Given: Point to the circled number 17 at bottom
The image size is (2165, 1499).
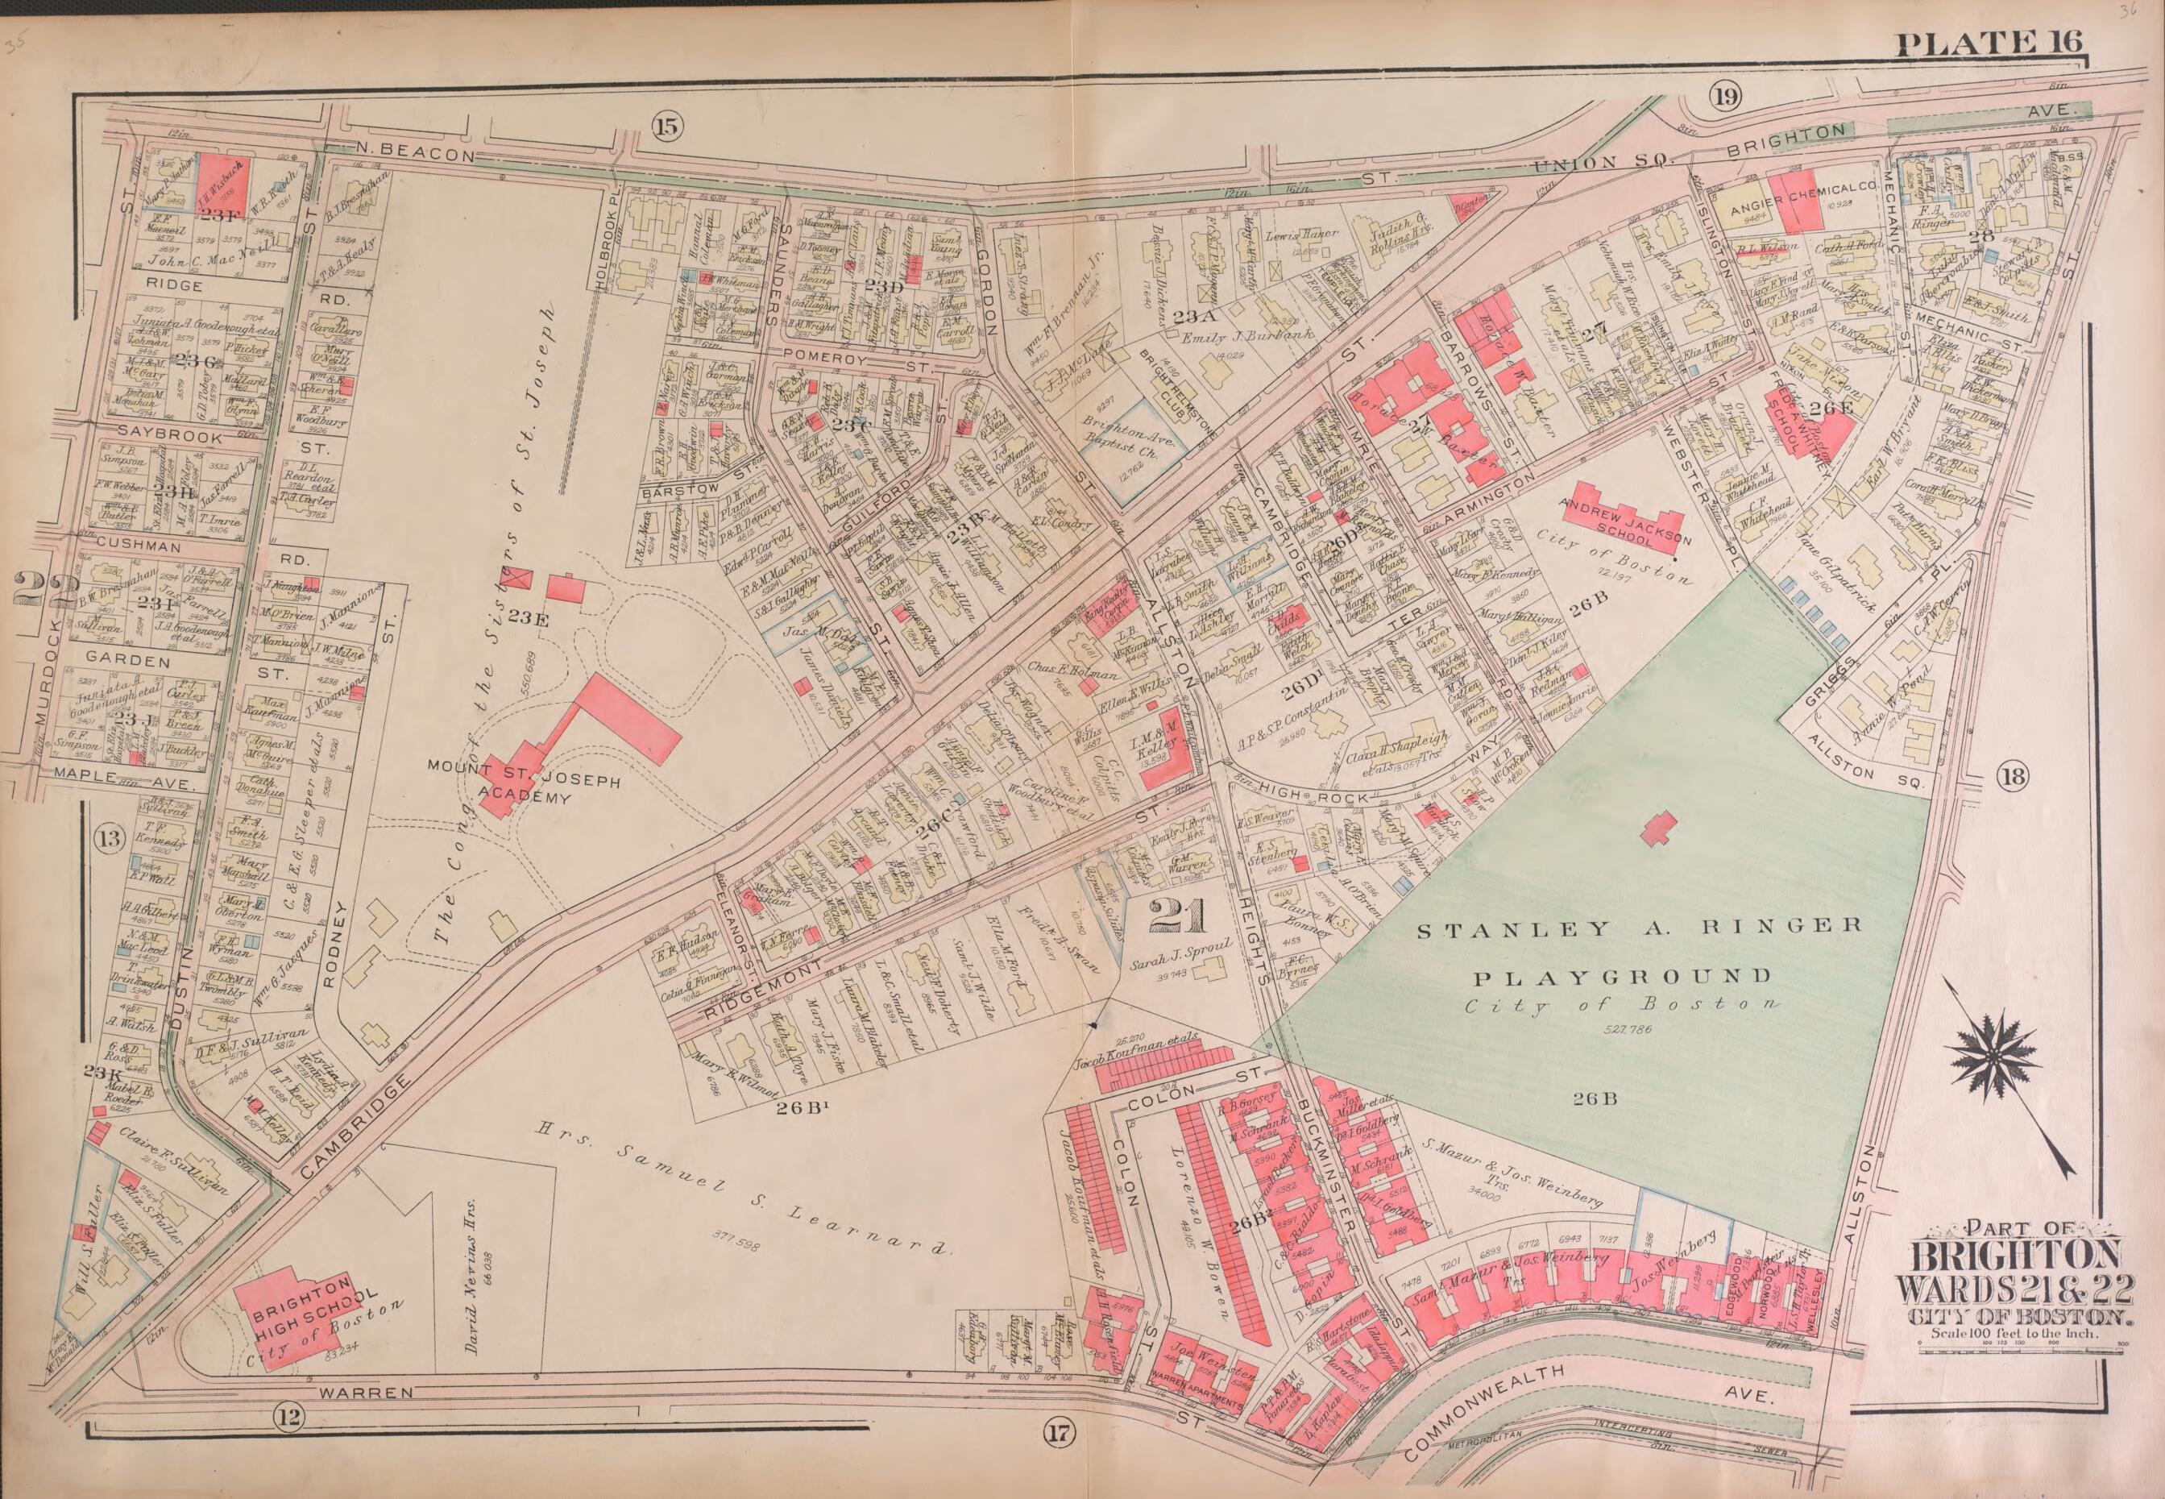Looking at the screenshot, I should click(x=1057, y=1432).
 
